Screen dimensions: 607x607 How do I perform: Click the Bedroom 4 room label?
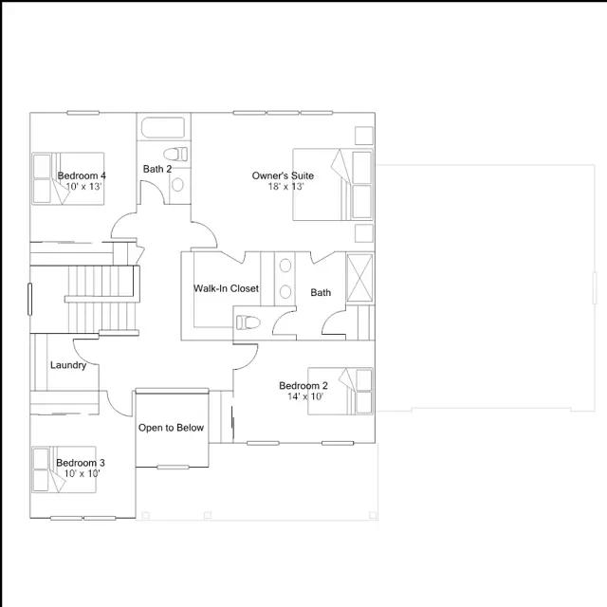point(82,175)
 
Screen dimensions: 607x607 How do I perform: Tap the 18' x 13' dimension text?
point(285,187)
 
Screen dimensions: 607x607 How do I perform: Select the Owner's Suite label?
point(283,175)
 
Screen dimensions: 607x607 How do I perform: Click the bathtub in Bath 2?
point(163,127)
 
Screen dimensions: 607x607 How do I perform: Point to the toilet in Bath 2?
point(175,154)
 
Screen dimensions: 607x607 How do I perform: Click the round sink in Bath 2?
point(177,185)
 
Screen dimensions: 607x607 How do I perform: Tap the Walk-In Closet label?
point(226,288)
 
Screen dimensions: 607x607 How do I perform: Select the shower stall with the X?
point(359,278)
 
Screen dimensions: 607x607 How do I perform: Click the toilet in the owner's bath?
point(248,322)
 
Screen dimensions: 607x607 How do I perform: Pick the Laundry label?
point(68,365)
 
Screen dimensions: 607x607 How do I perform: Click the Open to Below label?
point(171,428)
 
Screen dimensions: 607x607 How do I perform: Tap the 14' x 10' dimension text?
point(305,396)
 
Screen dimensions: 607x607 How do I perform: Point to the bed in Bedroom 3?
point(64,469)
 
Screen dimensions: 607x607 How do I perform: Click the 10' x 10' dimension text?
point(82,473)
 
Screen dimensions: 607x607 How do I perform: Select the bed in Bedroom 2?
point(340,391)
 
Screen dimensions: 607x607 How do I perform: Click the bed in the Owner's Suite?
point(333,185)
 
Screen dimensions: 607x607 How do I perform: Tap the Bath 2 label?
point(157,169)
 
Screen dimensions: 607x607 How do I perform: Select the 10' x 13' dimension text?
point(83,187)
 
